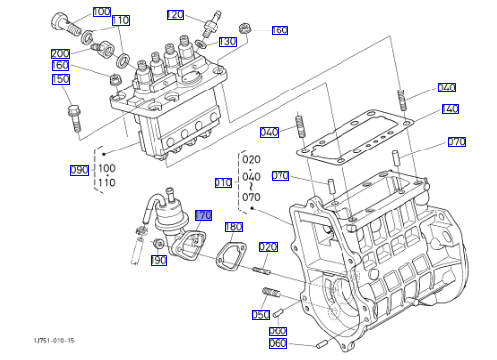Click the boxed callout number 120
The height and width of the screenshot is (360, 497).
click(x=175, y=15)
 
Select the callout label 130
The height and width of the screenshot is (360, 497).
click(x=228, y=42)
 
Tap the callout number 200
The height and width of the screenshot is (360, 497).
click(x=60, y=53)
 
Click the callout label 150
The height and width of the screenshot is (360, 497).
click(x=61, y=79)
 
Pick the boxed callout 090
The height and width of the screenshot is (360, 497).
click(x=79, y=170)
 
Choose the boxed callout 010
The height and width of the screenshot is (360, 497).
click(x=223, y=183)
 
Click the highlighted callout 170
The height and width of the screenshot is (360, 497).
click(x=203, y=215)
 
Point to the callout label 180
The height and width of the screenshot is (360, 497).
click(x=234, y=227)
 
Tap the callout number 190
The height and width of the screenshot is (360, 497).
click(x=158, y=260)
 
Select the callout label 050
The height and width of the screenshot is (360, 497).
click(x=261, y=315)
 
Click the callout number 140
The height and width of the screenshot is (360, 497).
click(x=450, y=109)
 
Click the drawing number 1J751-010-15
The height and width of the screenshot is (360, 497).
click(x=54, y=341)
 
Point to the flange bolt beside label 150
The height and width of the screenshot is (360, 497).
click(x=75, y=118)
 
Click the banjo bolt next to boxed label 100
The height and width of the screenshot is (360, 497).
click(x=66, y=24)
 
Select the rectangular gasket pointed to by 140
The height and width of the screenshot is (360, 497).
click(x=355, y=138)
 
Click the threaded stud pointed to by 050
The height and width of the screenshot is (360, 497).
click(x=271, y=292)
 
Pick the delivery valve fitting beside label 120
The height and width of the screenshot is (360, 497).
click(x=211, y=25)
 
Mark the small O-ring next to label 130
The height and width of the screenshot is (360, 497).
click(x=200, y=43)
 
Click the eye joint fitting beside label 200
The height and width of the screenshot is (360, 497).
click(x=103, y=48)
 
